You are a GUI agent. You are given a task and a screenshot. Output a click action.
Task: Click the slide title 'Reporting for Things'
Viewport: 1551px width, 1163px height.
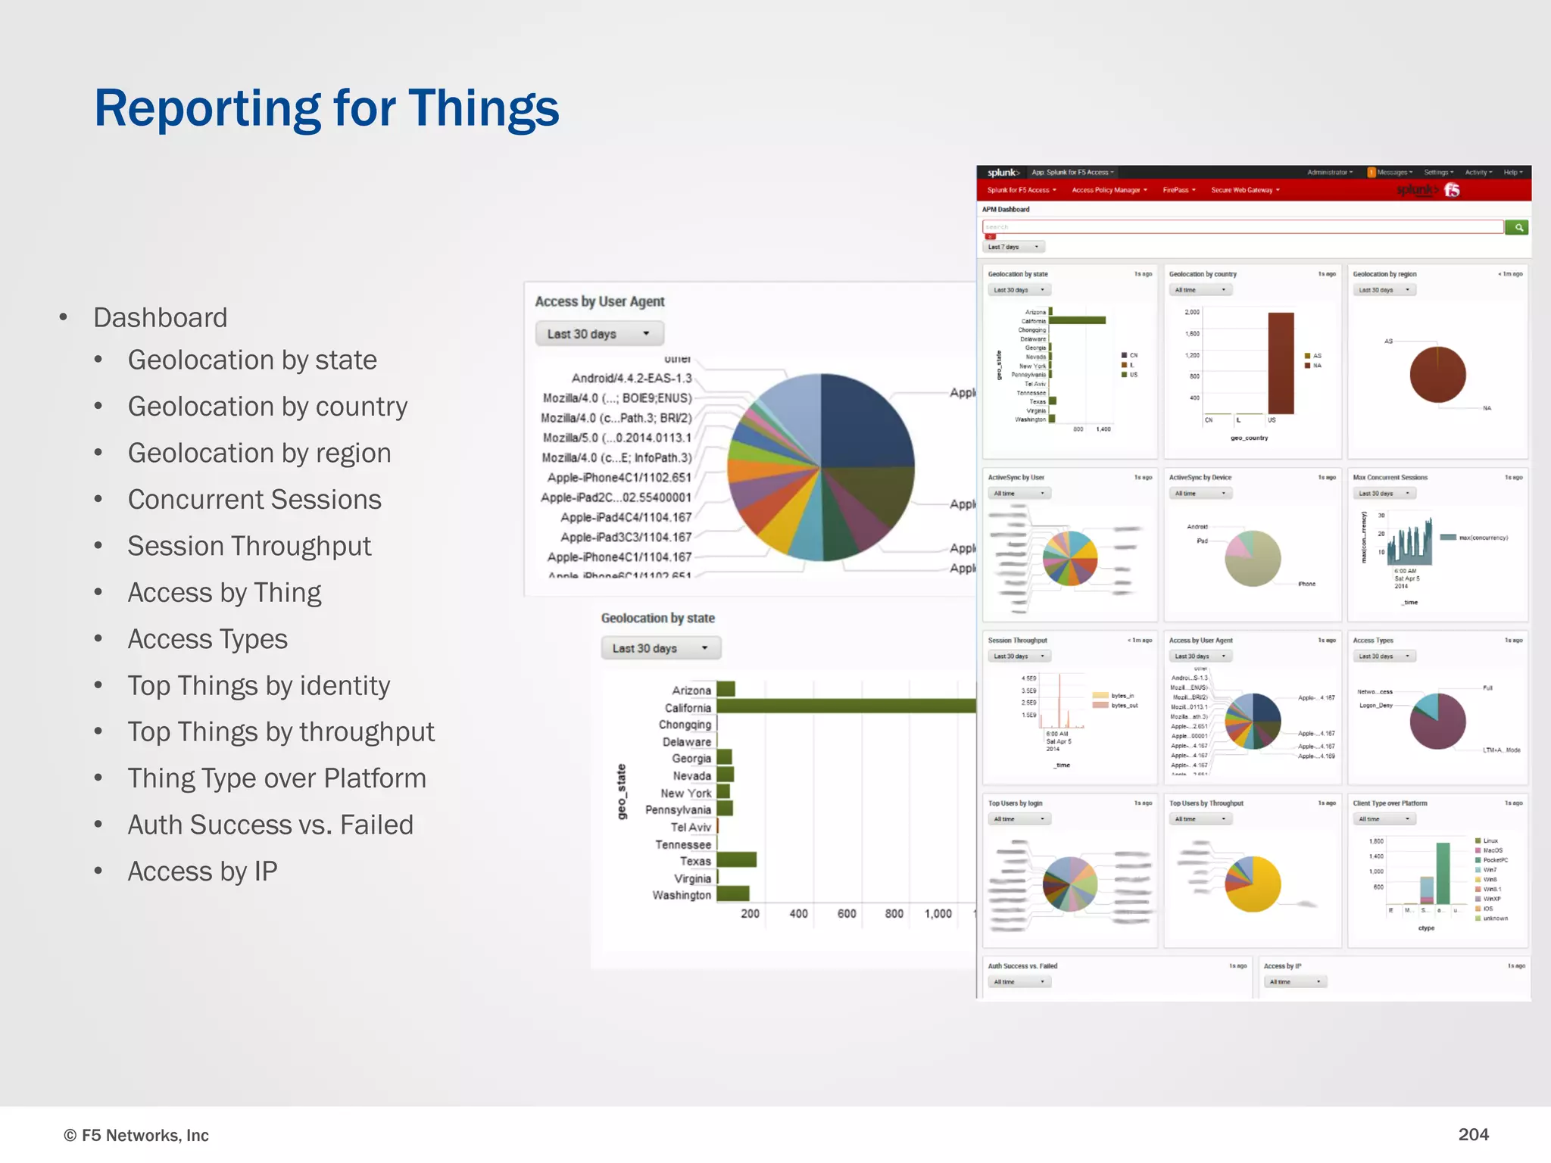(326, 108)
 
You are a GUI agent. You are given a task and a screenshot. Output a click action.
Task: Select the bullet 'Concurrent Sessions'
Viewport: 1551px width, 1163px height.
(254, 500)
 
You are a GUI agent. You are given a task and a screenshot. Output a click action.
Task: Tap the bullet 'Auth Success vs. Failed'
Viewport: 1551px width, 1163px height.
(270, 825)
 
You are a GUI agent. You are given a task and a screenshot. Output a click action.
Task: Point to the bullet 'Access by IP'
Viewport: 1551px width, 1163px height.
(202, 871)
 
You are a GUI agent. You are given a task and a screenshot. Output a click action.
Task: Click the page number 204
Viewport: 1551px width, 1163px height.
(1473, 1134)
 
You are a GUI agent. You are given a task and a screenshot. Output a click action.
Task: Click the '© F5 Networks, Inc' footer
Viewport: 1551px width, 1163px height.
(136, 1135)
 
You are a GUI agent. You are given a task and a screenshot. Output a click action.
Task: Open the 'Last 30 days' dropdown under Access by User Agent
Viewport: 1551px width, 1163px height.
(599, 334)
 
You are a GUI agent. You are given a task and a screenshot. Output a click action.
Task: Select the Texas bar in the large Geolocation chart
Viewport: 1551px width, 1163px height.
(736, 860)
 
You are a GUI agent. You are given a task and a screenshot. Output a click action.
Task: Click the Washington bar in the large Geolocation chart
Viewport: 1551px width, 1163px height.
(732, 894)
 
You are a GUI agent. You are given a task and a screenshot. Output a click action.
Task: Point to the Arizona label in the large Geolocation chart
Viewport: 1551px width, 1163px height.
(691, 691)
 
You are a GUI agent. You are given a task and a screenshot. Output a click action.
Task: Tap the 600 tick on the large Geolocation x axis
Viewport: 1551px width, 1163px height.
(847, 914)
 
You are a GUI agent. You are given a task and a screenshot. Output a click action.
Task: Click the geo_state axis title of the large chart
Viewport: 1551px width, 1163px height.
(622, 792)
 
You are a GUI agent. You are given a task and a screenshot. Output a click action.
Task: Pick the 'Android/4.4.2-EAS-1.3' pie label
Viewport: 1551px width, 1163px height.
(631, 379)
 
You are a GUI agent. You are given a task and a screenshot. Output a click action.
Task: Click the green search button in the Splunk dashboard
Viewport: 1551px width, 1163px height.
(1517, 227)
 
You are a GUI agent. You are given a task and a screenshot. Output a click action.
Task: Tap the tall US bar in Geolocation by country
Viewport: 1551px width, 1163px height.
(1281, 363)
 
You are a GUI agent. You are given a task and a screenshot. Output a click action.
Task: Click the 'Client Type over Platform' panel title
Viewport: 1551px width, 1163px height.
(1390, 803)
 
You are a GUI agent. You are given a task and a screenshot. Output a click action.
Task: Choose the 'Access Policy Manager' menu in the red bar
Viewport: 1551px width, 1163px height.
(1109, 190)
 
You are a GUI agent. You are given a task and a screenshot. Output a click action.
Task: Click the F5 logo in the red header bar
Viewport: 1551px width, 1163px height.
(1452, 190)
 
